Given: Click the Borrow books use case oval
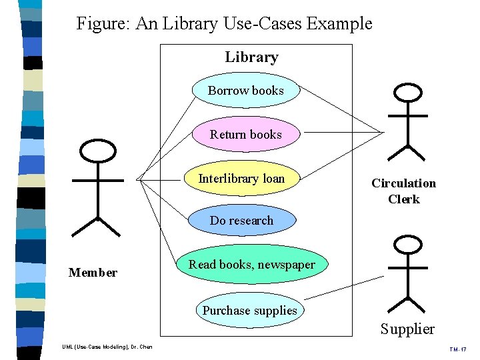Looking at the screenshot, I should (x=245, y=91).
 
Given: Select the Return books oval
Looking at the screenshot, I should (x=245, y=135).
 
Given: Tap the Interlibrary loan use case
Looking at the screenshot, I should (x=241, y=179).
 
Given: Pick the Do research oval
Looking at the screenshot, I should (x=241, y=221).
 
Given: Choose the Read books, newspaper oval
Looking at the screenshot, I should (x=251, y=265).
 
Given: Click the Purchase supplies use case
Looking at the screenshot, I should (x=249, y=311).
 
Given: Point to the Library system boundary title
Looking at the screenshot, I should (x=251, y=57).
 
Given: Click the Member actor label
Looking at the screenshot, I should (x=93, y=273).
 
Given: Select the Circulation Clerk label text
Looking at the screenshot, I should (x=403, y=191).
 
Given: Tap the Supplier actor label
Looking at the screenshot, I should (x=407, y=329).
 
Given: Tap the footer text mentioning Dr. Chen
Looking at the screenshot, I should (x=107, y=347).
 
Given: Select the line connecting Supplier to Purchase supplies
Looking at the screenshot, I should (x=343, y=287).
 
